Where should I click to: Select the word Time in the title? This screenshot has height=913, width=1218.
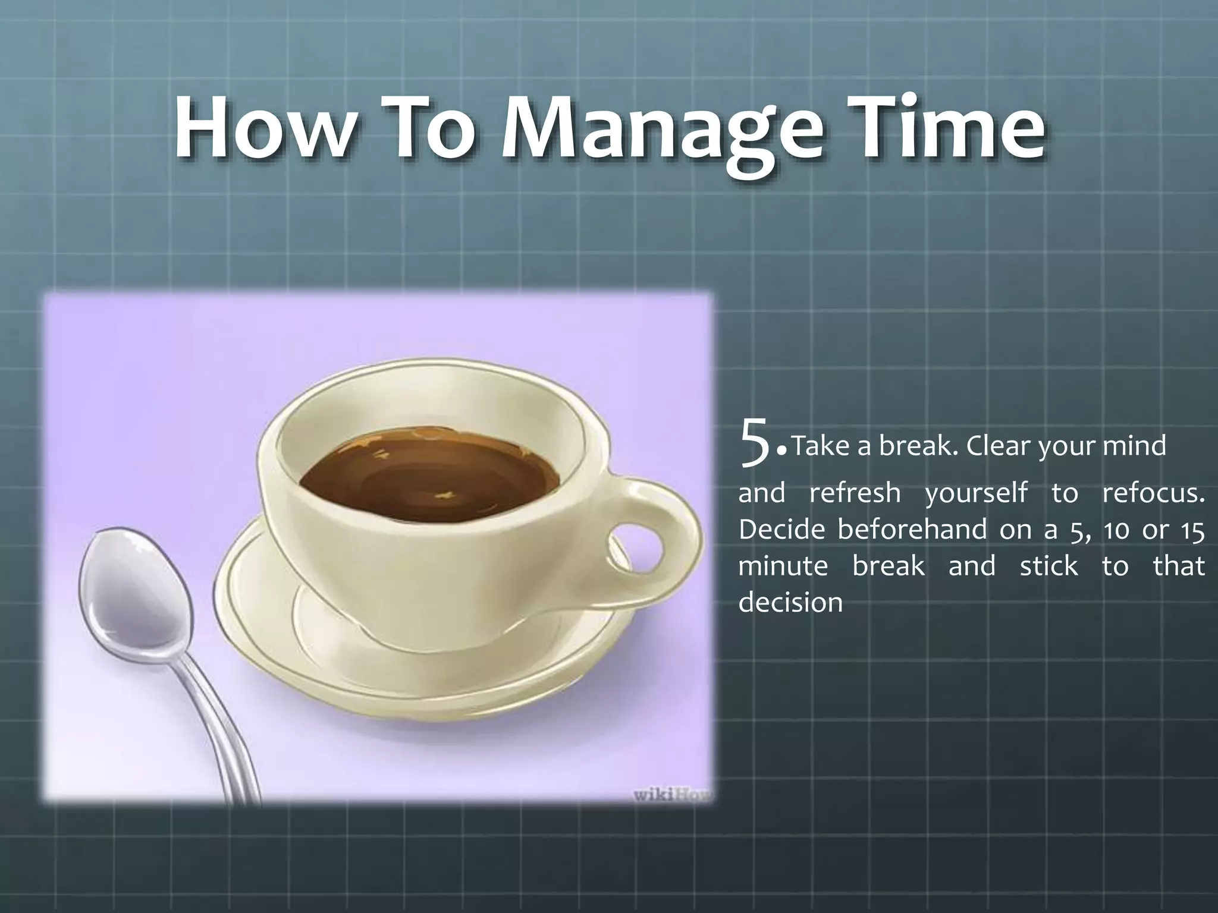click(x=945, y=130)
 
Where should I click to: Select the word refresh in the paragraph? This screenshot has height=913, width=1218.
click(x=855, y=493)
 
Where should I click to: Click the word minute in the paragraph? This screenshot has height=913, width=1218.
click(x=783, y=565)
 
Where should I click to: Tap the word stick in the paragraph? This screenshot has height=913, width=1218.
click(x=1048, y=565)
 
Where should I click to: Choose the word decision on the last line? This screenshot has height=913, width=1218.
click(x=790, y=603)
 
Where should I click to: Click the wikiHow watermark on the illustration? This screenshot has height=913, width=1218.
click(x=672, y=795)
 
